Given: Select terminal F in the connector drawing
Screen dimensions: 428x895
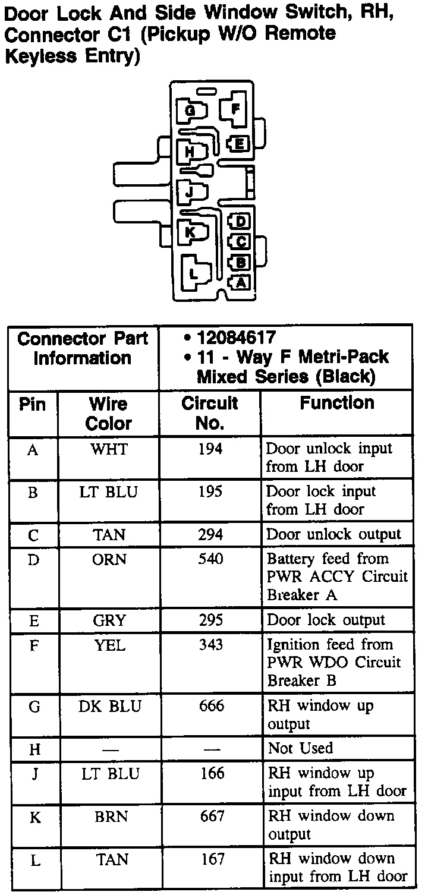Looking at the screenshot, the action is pos(235,109).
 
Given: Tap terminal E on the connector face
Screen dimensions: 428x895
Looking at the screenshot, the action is pos(239,143).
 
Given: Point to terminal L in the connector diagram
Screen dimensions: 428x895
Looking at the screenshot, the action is pos(193,273).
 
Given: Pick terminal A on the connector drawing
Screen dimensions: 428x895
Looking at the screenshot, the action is pos(241,282).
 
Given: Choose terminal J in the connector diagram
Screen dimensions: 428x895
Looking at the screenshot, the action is pos(189,192).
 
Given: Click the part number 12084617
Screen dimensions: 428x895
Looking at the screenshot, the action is pos(236,338).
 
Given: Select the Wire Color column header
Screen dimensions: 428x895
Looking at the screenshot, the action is pos(108,414).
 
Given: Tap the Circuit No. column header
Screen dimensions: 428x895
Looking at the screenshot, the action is pos(209,413).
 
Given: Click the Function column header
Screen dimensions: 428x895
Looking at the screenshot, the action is pos(336,403).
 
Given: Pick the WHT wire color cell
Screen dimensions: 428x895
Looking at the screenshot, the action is pos(108,449).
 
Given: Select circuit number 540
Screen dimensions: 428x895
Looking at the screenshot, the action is pos(210,560).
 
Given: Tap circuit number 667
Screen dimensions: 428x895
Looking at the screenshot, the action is pos(211,817).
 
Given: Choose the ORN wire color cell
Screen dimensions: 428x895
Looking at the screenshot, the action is pos(109,560).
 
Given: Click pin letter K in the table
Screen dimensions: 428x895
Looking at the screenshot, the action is pos(35,818).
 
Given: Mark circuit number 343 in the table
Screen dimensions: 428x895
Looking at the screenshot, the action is pos(210,645).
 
